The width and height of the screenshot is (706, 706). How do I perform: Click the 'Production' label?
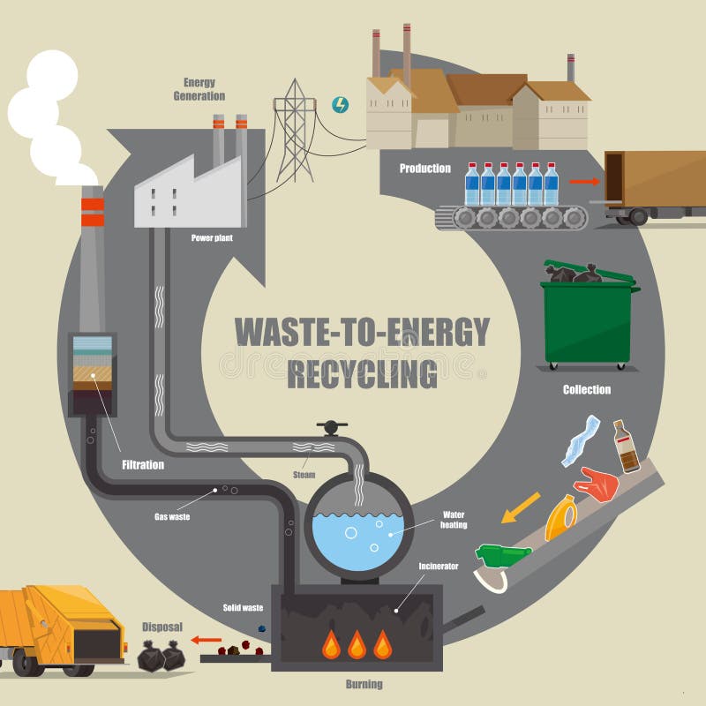424,169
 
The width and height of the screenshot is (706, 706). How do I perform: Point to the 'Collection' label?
587,389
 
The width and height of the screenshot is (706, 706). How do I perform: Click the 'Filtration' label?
142,464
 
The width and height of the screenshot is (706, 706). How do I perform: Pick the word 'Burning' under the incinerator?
363,684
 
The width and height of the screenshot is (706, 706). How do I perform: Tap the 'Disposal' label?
162,627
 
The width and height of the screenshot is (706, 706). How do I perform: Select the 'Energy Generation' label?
199,89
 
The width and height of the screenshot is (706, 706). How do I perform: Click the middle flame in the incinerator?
357,645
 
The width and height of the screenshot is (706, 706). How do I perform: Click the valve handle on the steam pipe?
330,428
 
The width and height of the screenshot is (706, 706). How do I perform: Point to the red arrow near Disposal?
208,640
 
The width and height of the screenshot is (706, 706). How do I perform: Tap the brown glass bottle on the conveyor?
627,447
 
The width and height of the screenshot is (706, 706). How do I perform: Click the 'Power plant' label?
211,237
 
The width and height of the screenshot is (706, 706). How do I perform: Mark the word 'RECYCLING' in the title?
362,373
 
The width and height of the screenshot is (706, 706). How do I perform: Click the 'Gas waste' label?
172,515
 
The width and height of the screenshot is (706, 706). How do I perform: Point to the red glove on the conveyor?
597,484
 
